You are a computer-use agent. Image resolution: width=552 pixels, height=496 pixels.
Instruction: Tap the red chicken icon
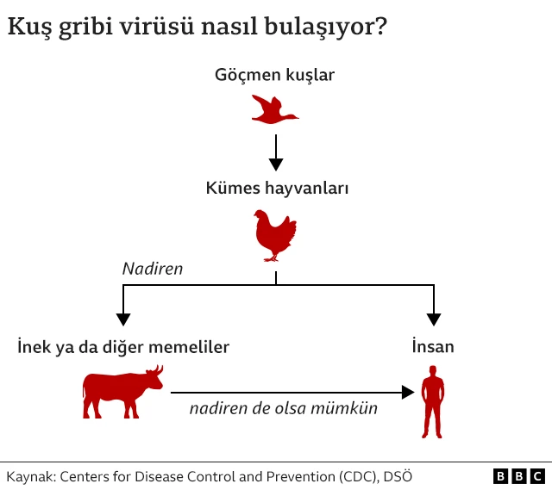pyautogui.click(x=275, y=234)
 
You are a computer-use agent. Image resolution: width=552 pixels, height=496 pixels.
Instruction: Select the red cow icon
pyautogui.click(x=122, y=393)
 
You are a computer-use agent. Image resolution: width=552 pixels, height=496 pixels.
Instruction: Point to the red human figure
pyautogui.click(x=433, y=401)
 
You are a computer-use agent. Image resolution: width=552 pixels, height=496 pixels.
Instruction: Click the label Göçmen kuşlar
pyautogui.click(x=274, y=75)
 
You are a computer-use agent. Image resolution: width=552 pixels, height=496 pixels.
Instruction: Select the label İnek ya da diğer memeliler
pyautogui.click(x=123, y=347)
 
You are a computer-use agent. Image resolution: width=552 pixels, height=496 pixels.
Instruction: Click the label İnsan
pyautogui.click(x=433, y=347)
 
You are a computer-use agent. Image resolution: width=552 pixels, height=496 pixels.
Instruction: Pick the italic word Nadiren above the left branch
pyautogui.click(x=153, y=269)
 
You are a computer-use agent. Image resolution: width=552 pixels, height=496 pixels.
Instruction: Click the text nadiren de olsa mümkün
pyautogui.click(x=284, y=409)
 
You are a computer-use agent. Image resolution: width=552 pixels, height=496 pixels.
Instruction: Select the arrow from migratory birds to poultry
pyautogui.click(x=275, y=153)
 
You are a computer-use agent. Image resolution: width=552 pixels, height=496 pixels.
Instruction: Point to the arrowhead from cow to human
pyautogui.click(x=408, y=393)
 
